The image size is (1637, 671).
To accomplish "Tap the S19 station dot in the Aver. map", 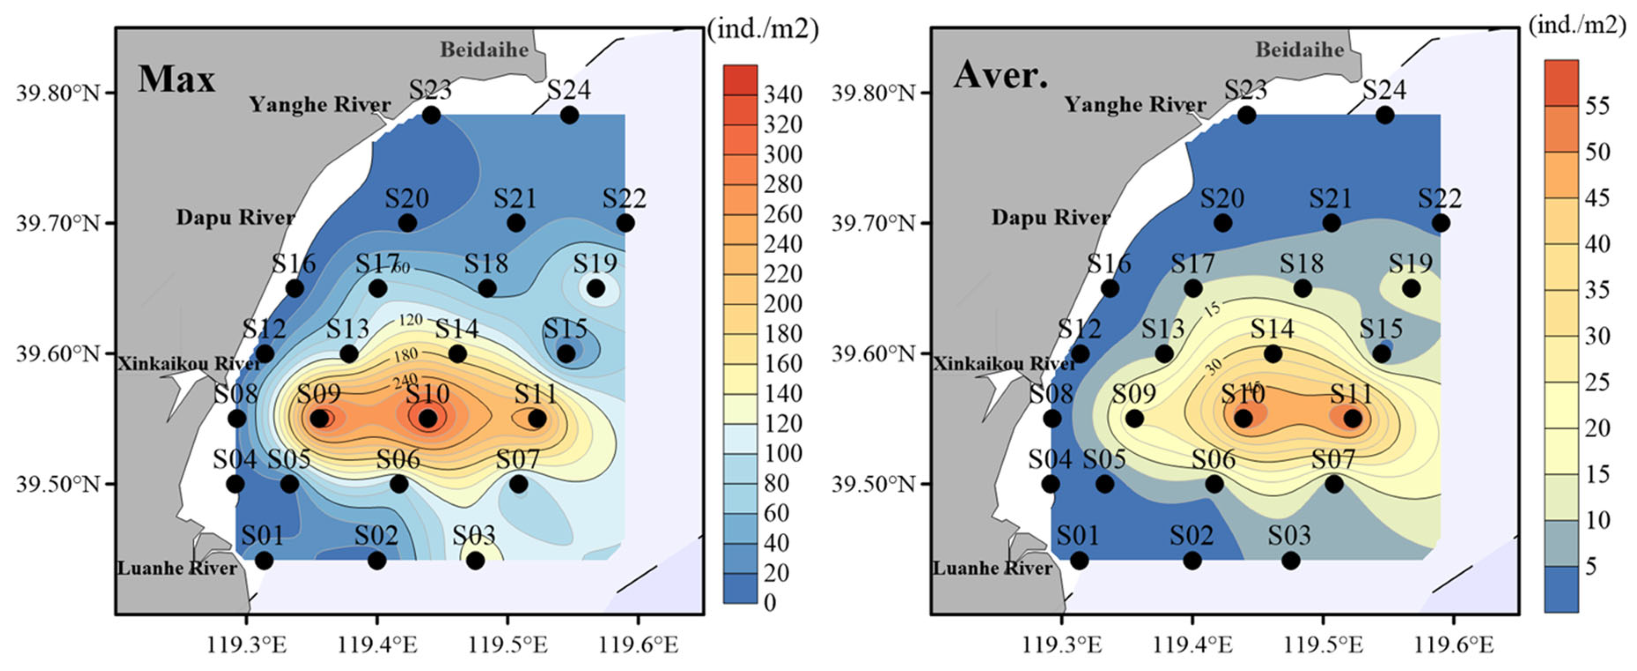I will [1411, 288].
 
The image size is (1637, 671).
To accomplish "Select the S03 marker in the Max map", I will [475, 560].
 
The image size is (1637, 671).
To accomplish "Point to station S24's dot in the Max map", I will [569, 115].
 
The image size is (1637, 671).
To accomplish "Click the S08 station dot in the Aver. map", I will [1052, 419].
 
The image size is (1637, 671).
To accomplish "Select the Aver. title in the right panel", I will [1000, 76].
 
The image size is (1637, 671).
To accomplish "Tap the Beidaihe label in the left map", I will [484, 49].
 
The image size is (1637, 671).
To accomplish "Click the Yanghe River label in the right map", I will [1135, 104].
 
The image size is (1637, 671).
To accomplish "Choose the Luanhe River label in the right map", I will [992, 568].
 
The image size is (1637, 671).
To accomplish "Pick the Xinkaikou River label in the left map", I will [189, 363].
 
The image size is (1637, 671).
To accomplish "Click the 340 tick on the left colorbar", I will [783, 95].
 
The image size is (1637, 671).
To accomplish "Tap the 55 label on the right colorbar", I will [1597, 105].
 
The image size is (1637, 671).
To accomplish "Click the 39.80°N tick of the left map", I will [58, 93].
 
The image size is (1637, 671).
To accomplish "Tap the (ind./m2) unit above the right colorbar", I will [1581, 25].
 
